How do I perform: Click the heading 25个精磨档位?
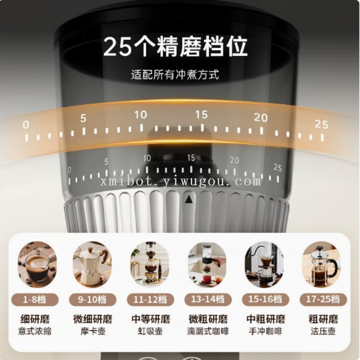(175, 46)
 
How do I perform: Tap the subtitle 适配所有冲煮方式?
(175, 74)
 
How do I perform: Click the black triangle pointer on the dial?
(189, 199)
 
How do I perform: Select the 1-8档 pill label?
(35, 300)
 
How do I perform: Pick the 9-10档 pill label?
(93, 300)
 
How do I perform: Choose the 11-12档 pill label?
(150, 300)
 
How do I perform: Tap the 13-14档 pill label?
(208, 299)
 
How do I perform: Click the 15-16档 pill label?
(265, 299)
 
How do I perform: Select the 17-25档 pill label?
(323, 299)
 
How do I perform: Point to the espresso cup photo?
(37, 264)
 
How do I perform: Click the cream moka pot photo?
(92, 264)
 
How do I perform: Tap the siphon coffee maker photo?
(150, 264)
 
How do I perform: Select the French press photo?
(321, 264)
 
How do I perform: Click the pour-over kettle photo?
(264, 264)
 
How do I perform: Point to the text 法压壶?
(323, 331)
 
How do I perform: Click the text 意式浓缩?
(35, 331)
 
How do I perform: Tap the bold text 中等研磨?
(151, 319)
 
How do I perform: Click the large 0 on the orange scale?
(26, 125)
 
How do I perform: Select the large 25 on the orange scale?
(321, 124)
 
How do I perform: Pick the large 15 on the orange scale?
(201, 114)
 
